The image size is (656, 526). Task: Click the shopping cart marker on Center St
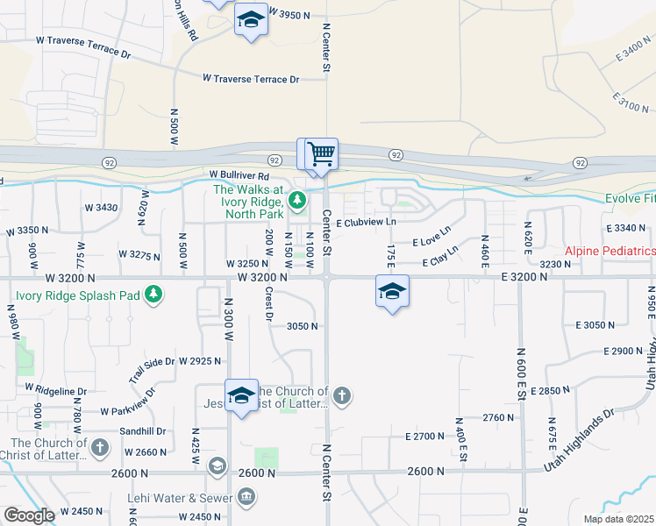322,154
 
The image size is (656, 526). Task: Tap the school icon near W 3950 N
251,20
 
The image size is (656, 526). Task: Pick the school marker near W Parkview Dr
240,395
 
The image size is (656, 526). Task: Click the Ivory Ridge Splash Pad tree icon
154,293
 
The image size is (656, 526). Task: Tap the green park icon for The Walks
298,201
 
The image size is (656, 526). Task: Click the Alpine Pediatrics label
609,251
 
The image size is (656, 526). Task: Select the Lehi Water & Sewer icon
247,498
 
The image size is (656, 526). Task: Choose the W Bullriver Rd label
238,175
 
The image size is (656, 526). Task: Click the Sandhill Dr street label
142,431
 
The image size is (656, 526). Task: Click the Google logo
29,515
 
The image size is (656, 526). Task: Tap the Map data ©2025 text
617,519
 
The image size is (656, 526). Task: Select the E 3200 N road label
514,276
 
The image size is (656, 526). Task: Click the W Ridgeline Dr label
56,389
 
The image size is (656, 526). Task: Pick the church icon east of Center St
342,396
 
